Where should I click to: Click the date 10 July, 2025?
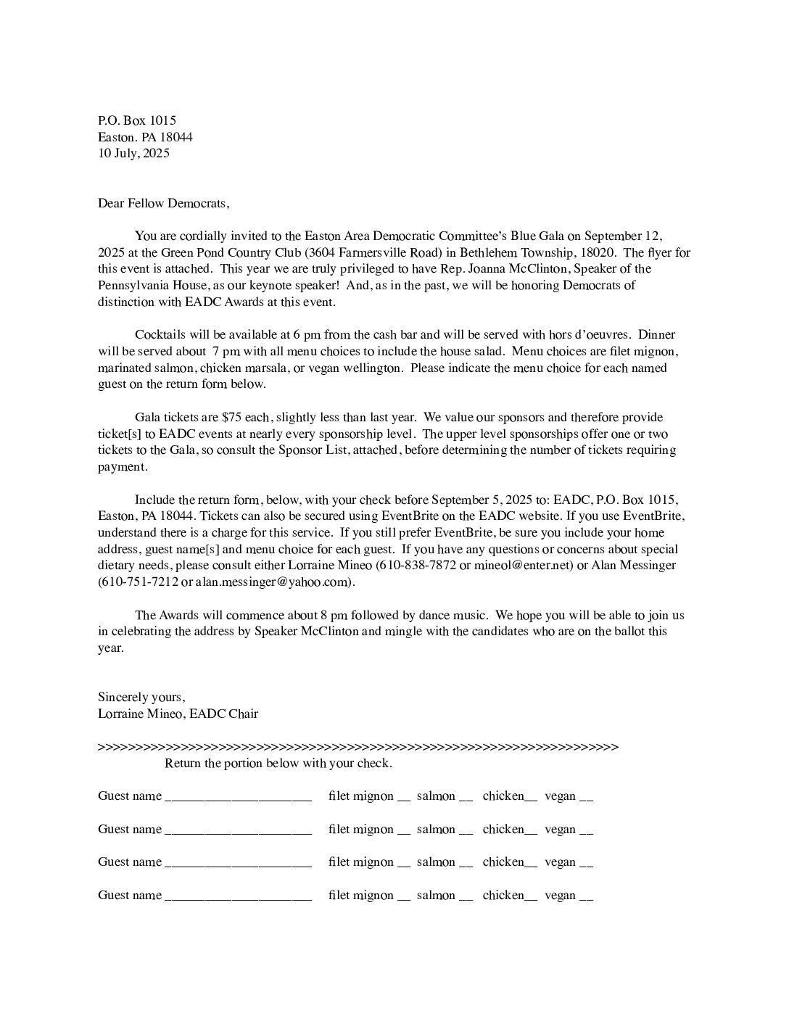(133, 153)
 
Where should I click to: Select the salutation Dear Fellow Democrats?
(163, 203)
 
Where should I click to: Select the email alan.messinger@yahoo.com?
(273, 582)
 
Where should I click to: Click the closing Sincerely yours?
(141, 697)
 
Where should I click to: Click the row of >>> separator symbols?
(358, 747)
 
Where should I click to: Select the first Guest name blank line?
(239, 798)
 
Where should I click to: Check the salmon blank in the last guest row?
(466, 898)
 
